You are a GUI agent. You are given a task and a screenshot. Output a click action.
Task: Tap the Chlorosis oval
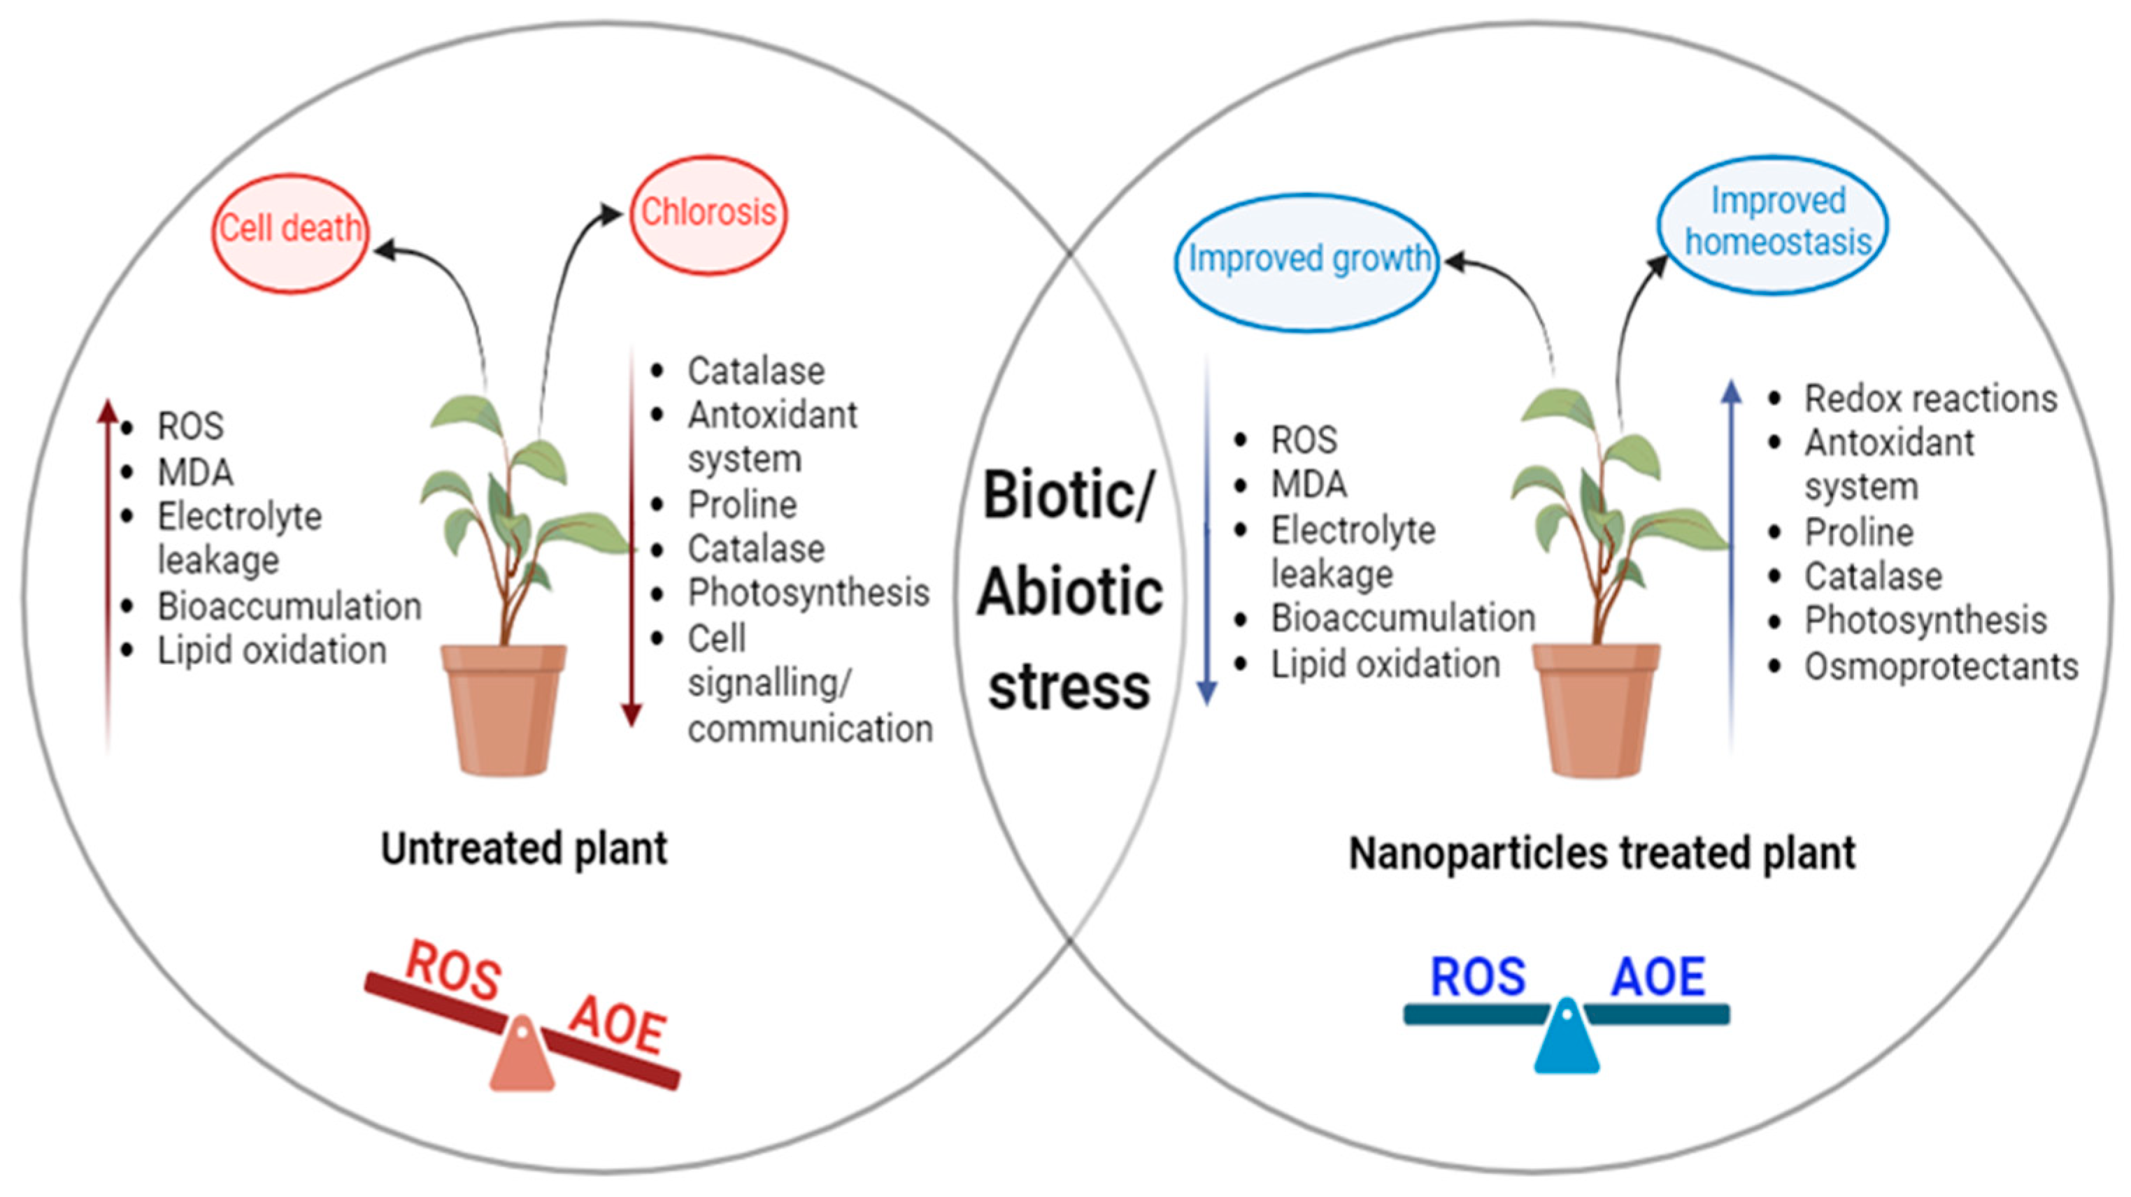pyautogui.click(x=708, y=214)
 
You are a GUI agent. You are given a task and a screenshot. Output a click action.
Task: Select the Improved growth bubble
pyautogui.click(x=1307, y=261)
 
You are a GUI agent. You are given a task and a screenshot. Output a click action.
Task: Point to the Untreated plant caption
pyautogui.click(x=524, y=850)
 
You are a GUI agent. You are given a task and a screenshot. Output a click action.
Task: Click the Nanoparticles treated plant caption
pyautogui.click(x=1602, y=854)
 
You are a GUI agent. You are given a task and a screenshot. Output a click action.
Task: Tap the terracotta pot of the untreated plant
pyautogui.click(x=503, y=711)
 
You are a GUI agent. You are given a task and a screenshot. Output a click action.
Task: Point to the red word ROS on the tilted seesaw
pyautogui.click(x=453, y=970)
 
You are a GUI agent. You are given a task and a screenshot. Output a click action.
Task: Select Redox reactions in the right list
pyautogui.click(x=1930, y=399)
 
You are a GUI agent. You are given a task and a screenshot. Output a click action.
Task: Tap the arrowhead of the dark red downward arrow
pyautogui.click(x=632, y=715)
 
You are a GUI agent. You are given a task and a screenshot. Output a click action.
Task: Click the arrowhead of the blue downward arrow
pyautogui.click(x=1207, y=693)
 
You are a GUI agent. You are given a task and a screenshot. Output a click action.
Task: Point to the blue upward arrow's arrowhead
pyautogui.click(x=1732, y=392)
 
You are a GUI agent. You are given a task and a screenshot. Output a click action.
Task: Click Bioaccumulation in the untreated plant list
pyautogui.click(x=290, y=606)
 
